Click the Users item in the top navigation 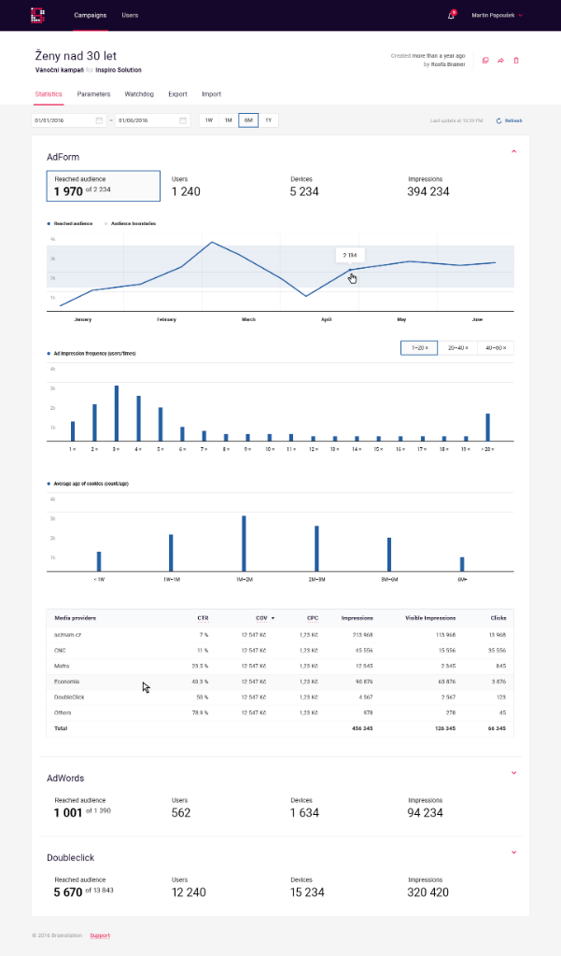(x=130, y=16)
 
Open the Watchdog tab (x=139, y=94)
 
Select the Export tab (x=177, y=94)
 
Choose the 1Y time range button (x=268, y=120)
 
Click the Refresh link (x=511, y=120)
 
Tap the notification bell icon (x=452, y=16)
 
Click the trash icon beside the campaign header (x=516, y=61)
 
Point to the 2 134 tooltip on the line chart (x=350, y=255)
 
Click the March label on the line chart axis (x=249, y=319)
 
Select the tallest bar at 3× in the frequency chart (x=117, y=413)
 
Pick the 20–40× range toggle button (x=457, y=348)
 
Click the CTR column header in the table (x=203, y=618)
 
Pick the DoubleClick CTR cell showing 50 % (x=202, y=696)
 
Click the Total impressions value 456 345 (x=360, y=727)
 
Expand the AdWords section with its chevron (x=513, y=772)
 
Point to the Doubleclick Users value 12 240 (x=189, y=893)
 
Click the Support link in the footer (x=99, y=935)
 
